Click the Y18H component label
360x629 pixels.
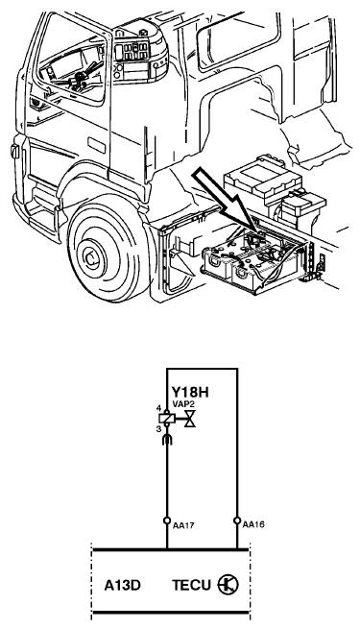pyautogui.click(x=190, y=392)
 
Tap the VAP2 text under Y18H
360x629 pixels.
pyautogui.click(x=183, y=403)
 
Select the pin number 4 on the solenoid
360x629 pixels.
pyautogui.click(x=158, y=408)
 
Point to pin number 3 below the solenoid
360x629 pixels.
pyautogui.click(x=158, y=429)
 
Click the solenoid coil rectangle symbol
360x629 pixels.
pyautogui.click(x=167, y=418)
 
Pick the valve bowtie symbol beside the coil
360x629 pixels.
pyautogui.click(x=190, y=419)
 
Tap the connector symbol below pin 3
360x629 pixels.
pyautogui.click(x=167, y=439)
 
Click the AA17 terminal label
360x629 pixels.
pyautogui.click(x=183, y=524)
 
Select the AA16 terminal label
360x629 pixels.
pyautogui.click(x=253, y=524)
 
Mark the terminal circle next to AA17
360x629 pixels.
pyautogui.click(x=167, y=520)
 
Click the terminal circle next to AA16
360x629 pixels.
pyautogui.click(x=237, y=520)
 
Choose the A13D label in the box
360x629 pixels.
pyautogui.click(x=122, y=585)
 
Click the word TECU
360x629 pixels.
pyautogui.click(x=192, y=585)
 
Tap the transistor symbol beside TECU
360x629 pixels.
pyautogui.click(x=228, y=584)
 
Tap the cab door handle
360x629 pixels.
pyautogui.click(x=96, y=145)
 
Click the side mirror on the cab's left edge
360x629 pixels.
pyautogui.click(x=15, y=151)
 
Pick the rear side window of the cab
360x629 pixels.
pyautogui.click(x=238, y=40)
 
